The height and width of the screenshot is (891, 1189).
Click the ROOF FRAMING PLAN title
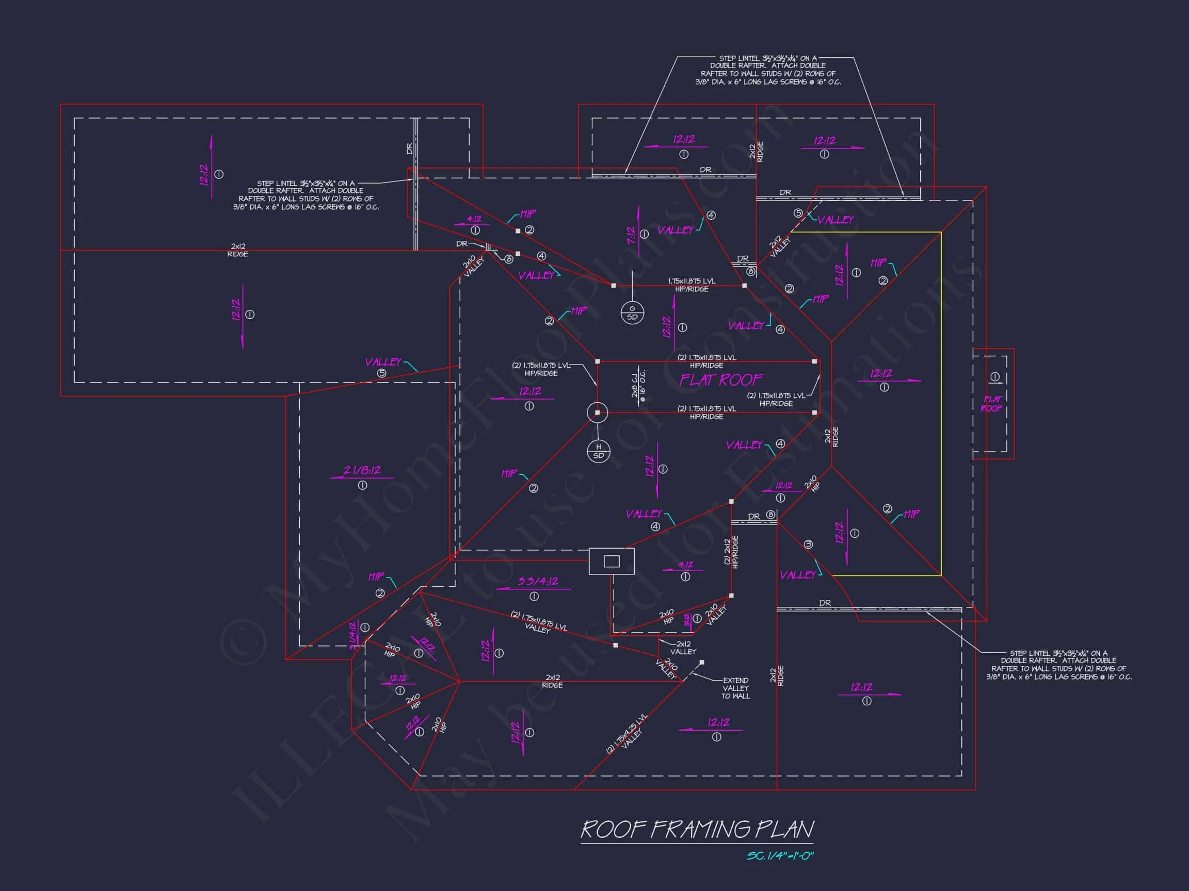click(697, 829)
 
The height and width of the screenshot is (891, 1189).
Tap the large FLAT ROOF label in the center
click(721, 380)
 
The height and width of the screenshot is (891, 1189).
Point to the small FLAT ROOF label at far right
click(992, 404)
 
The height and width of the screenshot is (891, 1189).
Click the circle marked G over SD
click(632, 312)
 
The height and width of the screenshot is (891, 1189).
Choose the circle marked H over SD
click(598, 452)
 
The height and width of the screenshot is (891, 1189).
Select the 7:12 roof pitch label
click(631, 235)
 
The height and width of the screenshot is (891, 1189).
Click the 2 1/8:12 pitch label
click(362, 470)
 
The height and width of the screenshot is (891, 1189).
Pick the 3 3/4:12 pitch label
click(538, 582)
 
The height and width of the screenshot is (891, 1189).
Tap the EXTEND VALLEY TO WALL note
click(735, 688)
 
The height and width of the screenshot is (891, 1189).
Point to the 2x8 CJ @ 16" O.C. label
click(638, 385)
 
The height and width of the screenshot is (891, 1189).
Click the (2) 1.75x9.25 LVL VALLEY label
click(628, 734)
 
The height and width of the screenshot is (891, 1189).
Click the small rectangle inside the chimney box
click(612, 561)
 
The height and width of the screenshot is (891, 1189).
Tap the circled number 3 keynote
click(808, 544)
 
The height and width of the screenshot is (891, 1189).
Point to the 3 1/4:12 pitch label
click(353, 635)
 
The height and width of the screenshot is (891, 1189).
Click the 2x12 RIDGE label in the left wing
click(237, 250)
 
